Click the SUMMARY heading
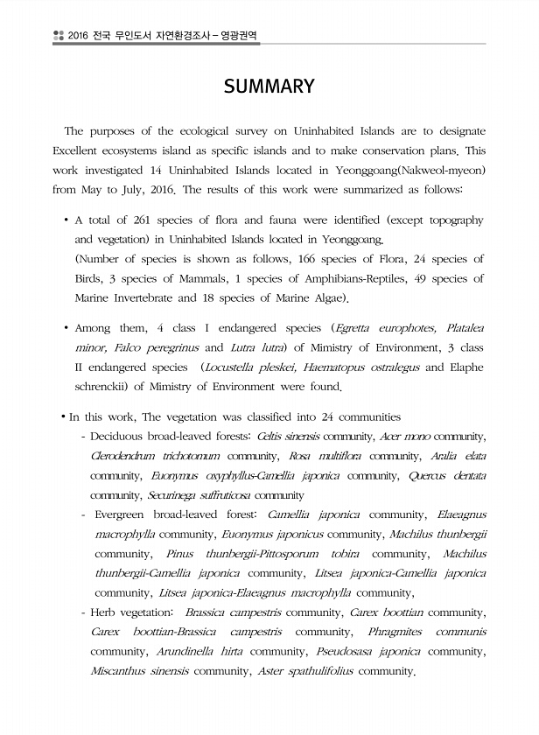tap(269, 86)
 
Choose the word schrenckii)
tap(107, 387)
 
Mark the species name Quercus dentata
tap(447, 475)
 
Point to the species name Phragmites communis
tap(421, 631)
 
